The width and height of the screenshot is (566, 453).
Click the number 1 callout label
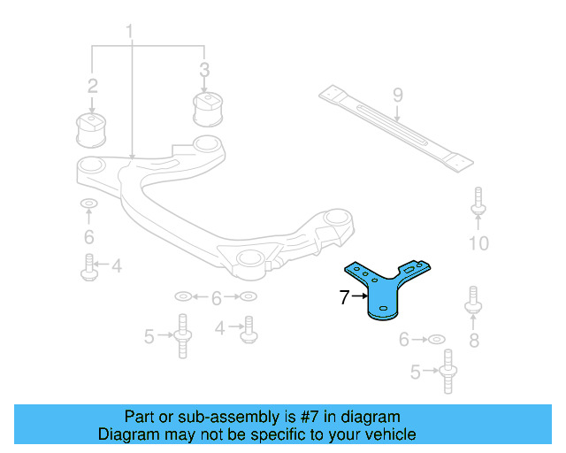pos(129,32)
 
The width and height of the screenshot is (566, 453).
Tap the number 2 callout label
pos(92,86)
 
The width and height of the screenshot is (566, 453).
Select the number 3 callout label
pos(204,70)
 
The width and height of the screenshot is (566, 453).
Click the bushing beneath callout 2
pos(91,130)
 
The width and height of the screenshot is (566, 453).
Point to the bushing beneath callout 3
pos(208,110)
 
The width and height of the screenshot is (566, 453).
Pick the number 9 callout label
pos(397,95)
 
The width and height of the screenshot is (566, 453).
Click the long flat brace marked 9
pos(396,128)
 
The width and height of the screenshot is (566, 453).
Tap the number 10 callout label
pos(478,243)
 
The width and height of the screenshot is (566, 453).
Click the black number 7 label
pos(344,297)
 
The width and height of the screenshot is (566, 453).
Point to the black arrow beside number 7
pos(360,296)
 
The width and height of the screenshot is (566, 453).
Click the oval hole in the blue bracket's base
pos(383,308)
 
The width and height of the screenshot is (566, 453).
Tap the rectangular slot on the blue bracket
pos(409,270)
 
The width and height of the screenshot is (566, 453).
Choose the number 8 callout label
pos(474,341)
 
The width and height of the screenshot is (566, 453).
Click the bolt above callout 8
pos(473,300)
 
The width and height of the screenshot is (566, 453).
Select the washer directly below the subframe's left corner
pos(88,203)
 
